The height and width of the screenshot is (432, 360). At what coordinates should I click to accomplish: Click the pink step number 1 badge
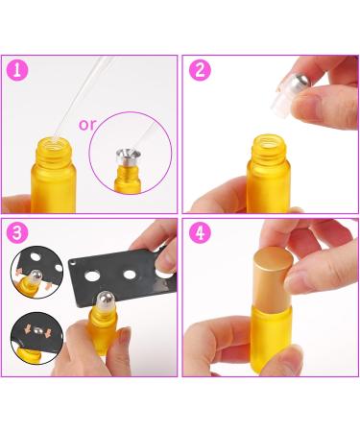[x=17, y=69]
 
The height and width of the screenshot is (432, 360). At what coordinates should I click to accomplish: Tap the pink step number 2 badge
[x=199, y=69]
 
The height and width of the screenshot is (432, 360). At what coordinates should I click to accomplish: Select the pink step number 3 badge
[x=17, y=233]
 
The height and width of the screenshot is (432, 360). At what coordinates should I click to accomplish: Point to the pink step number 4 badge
[x=199, y=233]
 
